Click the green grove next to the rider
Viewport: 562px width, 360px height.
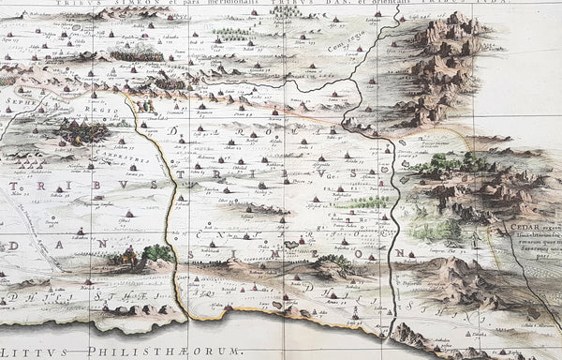click(x=157, y=252)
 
